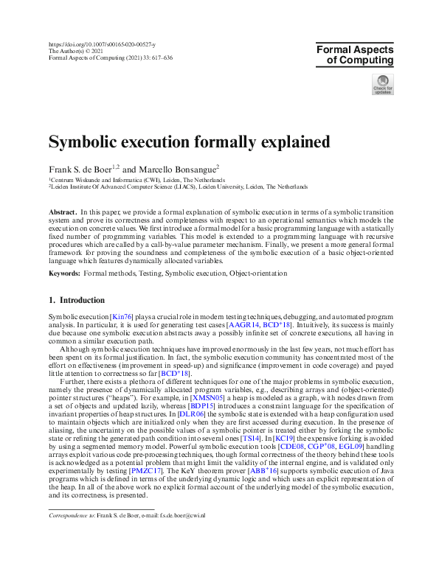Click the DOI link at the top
102,45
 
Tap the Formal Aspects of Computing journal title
355,55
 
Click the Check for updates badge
382,85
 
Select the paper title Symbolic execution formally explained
168,141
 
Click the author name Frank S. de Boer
83,168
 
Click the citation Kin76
122,316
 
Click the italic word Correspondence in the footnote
70,497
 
